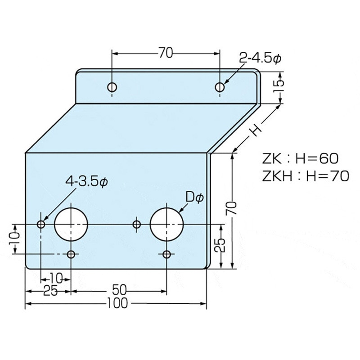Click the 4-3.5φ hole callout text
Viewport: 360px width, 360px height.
point(87,181)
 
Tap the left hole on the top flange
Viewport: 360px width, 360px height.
point(112,87)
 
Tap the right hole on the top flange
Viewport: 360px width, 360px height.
point(220,87)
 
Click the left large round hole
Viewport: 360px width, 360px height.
point(71,224)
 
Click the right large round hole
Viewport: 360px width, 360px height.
point(167,224)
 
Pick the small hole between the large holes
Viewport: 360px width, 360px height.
point(137,224)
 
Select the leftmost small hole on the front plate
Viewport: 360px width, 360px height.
point(41,224)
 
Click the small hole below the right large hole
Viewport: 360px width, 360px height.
point(167,255)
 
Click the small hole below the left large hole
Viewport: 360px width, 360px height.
point(71,255)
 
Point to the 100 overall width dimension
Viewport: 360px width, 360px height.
point(117,304)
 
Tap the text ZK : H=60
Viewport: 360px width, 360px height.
point(300,159)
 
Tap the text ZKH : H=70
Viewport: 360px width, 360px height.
point(305,176)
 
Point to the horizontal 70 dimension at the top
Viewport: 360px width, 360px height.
point(166,53)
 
